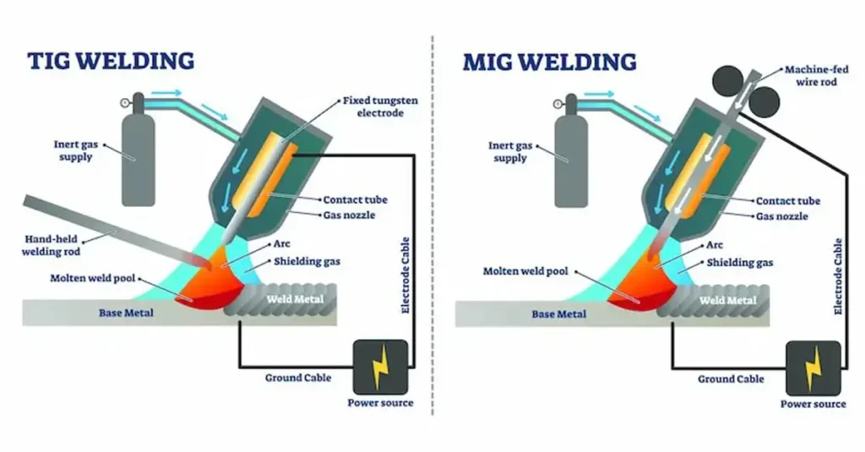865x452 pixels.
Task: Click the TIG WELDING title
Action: click(x=111, y=62)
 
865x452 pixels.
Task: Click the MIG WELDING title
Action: click(x=549, y=62)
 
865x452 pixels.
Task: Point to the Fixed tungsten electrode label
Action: click(x=379, y=106)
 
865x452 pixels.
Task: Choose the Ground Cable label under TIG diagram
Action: click(x=298, y=378)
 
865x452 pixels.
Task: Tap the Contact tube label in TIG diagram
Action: click(x=355, y=200)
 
